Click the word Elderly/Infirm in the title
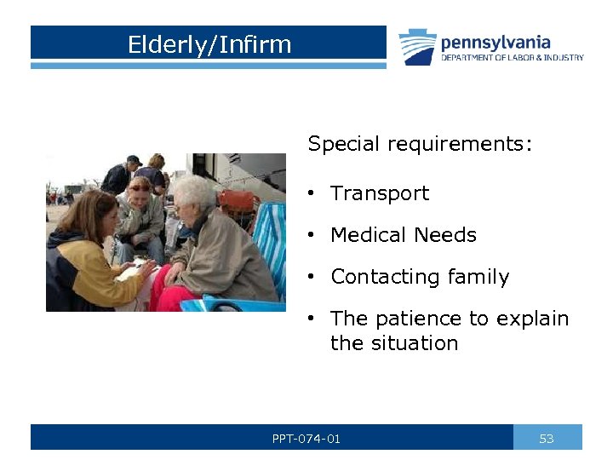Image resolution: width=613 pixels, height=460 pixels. [x=209, y=44]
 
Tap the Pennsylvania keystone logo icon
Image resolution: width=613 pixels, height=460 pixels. [x=417, y=47]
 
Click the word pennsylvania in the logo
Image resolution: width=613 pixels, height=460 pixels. [x=495, y=42]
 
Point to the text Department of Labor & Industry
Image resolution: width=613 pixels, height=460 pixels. [x=512, y=58]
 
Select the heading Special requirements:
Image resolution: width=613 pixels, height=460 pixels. [x=420, y=144]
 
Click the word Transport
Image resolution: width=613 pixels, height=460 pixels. [x=380, y=193]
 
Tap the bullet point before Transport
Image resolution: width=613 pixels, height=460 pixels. [x=313, y=194]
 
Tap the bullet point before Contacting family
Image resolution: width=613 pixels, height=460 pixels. [x=313, y=278]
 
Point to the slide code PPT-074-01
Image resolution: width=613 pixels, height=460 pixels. [x=306, y=439]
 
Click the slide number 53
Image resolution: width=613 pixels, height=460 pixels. [x=547, y=439]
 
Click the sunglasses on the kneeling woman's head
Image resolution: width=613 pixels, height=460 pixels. [x=139, y=186]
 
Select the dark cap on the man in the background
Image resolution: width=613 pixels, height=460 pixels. [x=133, y=159]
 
